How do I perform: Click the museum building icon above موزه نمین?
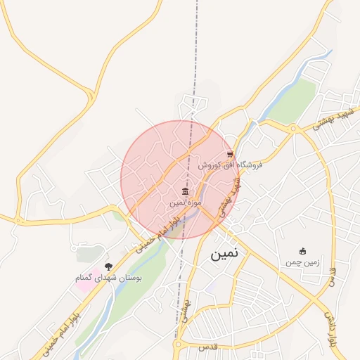pos(185,191)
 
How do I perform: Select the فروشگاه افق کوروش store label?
pos(229,165)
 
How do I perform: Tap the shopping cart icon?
pos(230,154)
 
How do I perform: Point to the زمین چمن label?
pos(302,262)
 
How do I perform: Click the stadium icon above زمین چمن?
pos(303,251)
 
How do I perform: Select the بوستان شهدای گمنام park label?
pos(109,278)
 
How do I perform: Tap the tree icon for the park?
pos(108,266)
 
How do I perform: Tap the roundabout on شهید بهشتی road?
pos(293,128)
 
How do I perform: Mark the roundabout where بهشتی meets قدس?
pos(178,346)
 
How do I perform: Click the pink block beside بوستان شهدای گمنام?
pos(83,285)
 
